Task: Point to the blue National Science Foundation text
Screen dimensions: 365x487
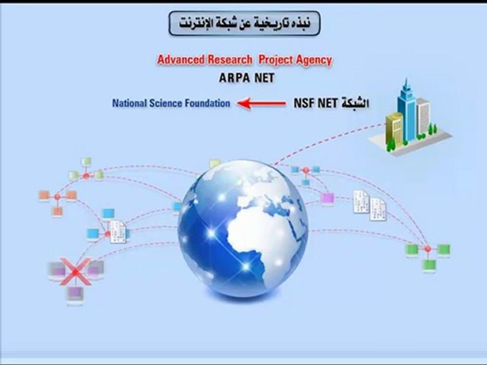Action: pos(171,103)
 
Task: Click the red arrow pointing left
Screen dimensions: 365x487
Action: pos(262,104)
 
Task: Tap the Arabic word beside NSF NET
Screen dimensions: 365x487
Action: pos(355,104)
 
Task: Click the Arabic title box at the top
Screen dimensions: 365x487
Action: pos(245,23)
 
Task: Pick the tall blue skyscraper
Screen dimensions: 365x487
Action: pos(406,109)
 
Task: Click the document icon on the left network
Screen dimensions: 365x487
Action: pos(119,232)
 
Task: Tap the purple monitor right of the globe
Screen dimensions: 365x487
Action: pos(327,198)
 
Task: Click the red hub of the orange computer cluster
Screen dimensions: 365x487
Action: pos(57,197)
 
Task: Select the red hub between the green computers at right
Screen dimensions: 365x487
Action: pos(428,249)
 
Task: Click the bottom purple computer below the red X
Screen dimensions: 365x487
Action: pos(75,294)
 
